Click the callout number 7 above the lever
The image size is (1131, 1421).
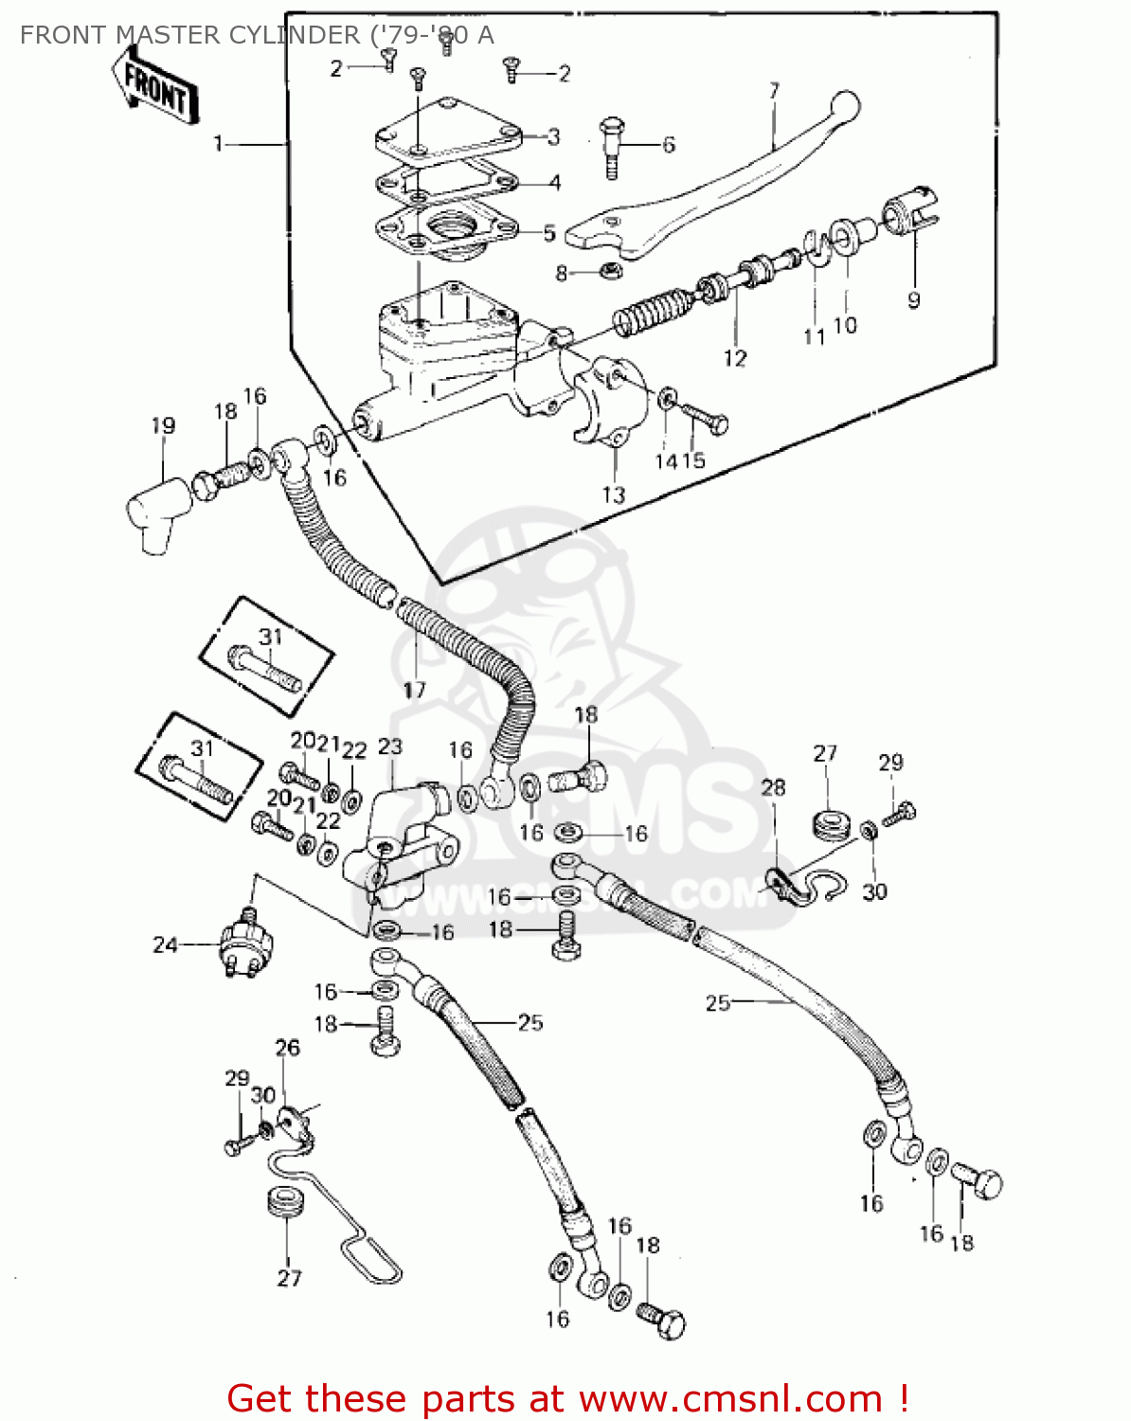[774, 91]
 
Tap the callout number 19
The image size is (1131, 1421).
[163, 425]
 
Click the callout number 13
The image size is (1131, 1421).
[614, 494]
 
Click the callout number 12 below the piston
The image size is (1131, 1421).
[735, 358]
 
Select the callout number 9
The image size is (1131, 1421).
[913, 300]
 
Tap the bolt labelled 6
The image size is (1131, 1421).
[612, 148]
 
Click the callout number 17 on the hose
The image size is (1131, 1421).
[414, 690]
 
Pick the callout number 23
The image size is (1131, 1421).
[390, 746]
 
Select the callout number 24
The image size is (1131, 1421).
[165, 944]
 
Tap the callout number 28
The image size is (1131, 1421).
[773, 787]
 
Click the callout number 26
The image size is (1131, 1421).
[287, 1047]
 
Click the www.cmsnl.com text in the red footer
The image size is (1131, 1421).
[730, 1398]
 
